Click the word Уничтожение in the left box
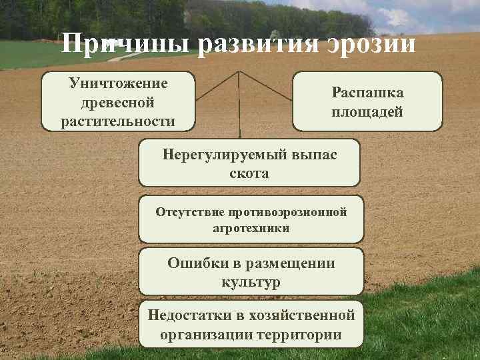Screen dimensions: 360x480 click(118, 84)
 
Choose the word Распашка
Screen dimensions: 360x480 click(367, 93)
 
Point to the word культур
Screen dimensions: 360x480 click(251, 281)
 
